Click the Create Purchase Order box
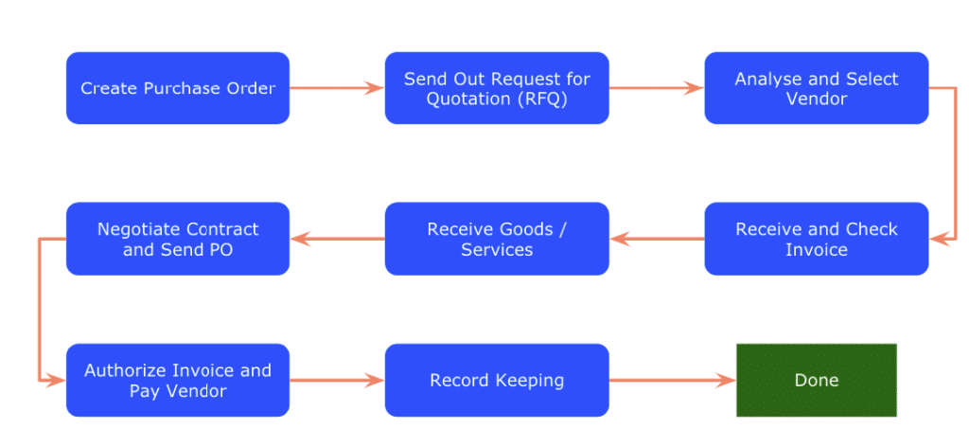tap(177, 88)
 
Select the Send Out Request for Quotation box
tap(497, 88)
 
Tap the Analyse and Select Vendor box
tap(816, 88)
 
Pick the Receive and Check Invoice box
tap(816, 239)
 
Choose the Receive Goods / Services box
tap(497, 239)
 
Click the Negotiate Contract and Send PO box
tap(177, 239)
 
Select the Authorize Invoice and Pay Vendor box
tap(177, 380)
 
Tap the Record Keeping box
tap(497, 380)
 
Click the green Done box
tap(816, 380)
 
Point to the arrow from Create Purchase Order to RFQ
tap(336, 88)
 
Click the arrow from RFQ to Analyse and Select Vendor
tap(656, 88)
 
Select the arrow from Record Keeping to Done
tap(672, 380)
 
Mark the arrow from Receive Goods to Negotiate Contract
tap(337, 239)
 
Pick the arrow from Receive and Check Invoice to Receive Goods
tap(657, 239)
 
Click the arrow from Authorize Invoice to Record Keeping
tap(336, 380)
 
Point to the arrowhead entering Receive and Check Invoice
tap(938, 239)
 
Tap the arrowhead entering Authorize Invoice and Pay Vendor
tap(58, 380)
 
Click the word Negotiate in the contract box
tap(139, 229)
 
